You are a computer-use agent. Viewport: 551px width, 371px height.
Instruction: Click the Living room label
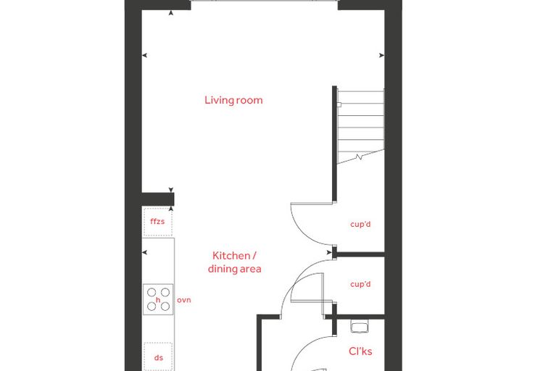point(233,100)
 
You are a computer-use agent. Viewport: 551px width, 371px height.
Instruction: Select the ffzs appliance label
point(157,221)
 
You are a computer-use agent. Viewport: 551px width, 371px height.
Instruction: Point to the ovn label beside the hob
point(183,300)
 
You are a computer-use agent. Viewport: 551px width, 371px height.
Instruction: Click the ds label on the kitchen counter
point(159,358)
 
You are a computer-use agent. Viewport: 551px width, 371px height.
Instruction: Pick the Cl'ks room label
point(360,351)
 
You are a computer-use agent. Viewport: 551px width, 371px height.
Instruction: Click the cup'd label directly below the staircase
point(360,224)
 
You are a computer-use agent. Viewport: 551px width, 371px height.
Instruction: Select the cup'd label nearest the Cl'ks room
point(360,284)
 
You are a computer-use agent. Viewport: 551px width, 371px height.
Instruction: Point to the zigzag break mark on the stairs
point(359,157)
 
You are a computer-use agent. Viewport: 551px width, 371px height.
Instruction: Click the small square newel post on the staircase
point(339,104)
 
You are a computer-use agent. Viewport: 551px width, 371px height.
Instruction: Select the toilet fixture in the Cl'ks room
point(359,326)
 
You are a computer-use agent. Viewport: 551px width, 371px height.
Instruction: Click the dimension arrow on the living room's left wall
point(144,55)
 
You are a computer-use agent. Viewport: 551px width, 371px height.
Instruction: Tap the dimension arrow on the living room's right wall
point(381,55)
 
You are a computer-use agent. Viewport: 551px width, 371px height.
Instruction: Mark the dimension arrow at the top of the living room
point(171,13)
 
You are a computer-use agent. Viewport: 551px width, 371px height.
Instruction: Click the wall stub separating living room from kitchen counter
point(158,199)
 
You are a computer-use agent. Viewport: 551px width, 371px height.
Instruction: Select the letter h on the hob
point(158,300)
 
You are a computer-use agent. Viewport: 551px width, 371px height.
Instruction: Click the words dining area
point(234,269)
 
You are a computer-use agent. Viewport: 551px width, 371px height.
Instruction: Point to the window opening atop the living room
point(264,1)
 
